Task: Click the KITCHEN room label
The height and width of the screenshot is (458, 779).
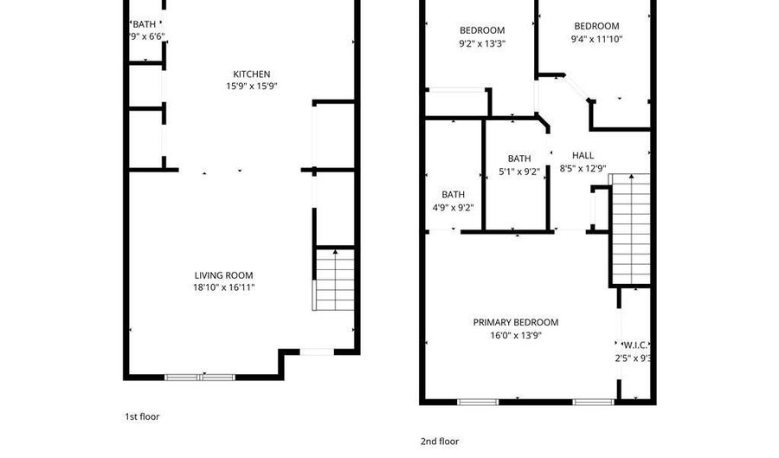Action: (252, 74)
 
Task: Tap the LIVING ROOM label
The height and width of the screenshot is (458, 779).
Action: (223, 275)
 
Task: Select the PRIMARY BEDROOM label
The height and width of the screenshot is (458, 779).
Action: (515, 322)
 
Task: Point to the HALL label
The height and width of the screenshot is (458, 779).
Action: (583, 156)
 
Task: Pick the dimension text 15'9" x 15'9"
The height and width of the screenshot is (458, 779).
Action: (252, 86)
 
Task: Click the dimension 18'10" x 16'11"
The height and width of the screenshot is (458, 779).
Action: (223, 287)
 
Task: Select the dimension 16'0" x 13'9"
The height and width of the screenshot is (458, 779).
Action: (515, 334)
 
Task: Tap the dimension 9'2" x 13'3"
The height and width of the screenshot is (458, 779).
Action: (481, 42)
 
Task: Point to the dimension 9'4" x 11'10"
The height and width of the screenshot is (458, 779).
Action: (596, 38)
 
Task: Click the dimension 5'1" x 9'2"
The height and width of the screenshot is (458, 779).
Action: (518, 171)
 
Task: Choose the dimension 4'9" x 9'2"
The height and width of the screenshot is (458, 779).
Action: (453, 208)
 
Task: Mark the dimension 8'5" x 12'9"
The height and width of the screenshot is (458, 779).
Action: (583, 169)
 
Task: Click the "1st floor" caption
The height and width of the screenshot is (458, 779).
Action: (142, 416)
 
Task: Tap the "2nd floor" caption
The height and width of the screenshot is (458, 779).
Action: (440, 442)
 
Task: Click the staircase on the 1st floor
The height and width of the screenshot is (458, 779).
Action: (333, 279)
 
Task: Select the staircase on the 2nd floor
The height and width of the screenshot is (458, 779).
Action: (630, 229)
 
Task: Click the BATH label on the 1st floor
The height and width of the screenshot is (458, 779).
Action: (144, 24)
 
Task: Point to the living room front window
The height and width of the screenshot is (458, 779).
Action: (200, 377)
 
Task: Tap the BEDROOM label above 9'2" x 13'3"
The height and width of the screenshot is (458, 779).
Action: (481, 30)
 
